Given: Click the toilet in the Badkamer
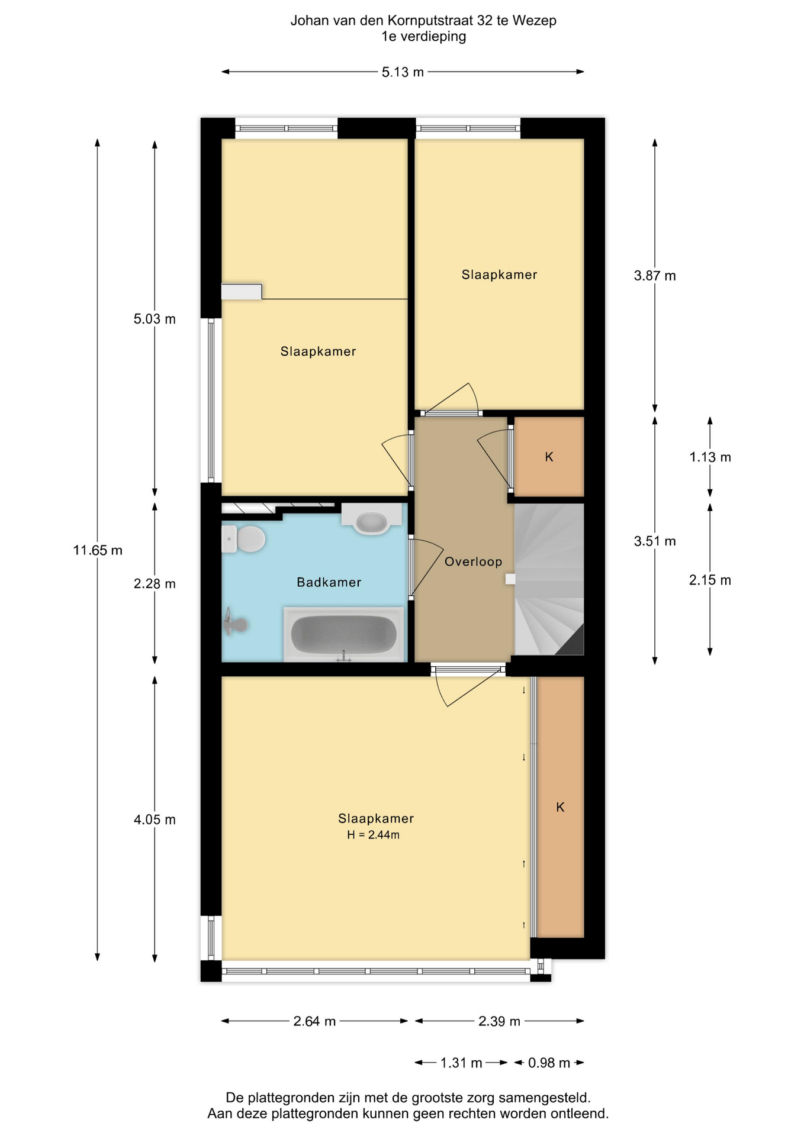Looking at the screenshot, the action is pos(243,539).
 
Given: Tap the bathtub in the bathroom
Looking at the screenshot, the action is pos(343,634).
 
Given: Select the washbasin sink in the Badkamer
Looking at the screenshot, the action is pos(371,519).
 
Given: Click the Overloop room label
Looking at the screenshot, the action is pos(473,561).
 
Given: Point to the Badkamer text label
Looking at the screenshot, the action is pos(329,582).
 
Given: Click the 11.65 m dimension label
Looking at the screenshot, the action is pos(98,550).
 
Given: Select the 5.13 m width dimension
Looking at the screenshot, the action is pos(403,72).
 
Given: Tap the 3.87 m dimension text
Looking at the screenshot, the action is pos(655,275).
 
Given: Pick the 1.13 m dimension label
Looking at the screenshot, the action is pos(710,457).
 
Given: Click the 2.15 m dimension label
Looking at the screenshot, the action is pos(710,580).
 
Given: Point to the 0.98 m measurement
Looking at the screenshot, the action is pos(549,1063).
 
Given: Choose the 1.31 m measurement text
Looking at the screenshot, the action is pos(461,1063).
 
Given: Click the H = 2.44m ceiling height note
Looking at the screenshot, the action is pos(373,835).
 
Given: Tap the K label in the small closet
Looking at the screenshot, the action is pos(549,457).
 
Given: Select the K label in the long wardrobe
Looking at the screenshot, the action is pos(560,807).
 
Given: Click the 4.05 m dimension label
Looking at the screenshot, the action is pos(155,819).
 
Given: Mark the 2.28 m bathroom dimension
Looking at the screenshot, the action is pos(155,583).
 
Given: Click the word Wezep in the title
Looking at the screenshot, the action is pos(535,21).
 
